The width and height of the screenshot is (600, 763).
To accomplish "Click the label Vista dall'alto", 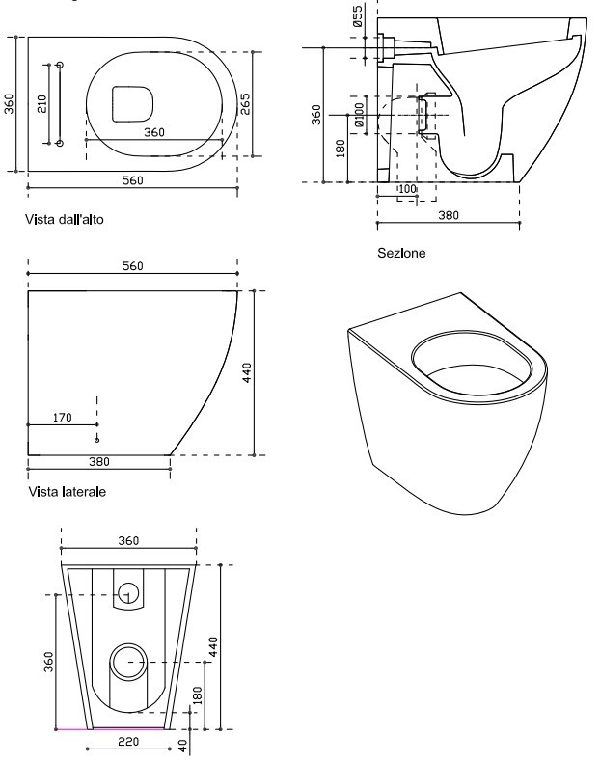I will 65,220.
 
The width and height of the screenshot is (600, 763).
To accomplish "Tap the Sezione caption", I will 401,254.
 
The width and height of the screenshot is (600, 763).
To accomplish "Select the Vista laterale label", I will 67,492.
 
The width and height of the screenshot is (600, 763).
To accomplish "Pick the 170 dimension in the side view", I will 62,418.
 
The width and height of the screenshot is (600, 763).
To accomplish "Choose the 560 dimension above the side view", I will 133,266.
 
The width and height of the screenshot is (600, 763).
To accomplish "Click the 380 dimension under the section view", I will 448,215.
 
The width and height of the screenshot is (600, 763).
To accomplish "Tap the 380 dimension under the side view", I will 98,461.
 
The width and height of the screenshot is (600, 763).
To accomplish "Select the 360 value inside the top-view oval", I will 154,132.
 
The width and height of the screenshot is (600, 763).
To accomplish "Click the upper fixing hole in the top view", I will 61,65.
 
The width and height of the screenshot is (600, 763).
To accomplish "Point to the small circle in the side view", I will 96,439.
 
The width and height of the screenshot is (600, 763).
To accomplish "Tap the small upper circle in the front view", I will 126,593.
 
